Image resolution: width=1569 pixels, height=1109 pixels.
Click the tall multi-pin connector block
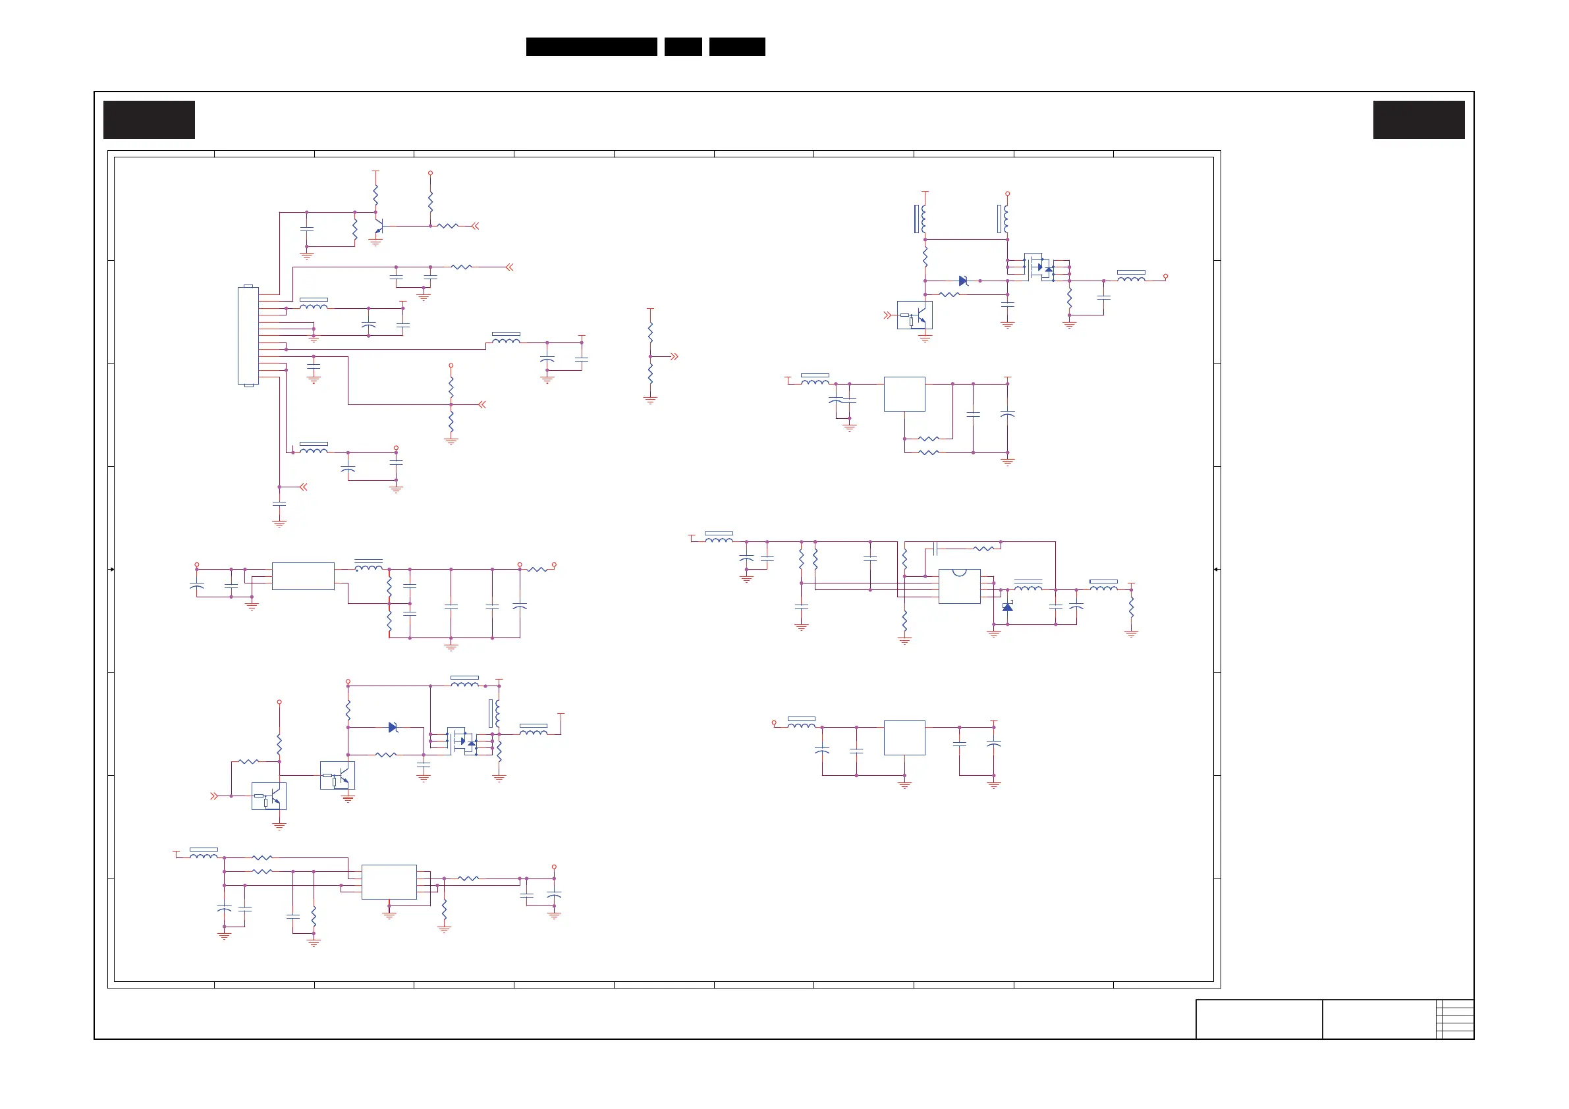pyautogui.click(x=248, y=335)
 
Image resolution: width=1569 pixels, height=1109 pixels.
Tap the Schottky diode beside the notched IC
pyautogui.click(x=1007, y=607)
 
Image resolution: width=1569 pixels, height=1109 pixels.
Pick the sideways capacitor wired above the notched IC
pyautogui.click(x=935, y=548)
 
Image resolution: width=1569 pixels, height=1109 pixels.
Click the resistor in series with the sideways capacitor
pyautogui.click(x=983, y=548)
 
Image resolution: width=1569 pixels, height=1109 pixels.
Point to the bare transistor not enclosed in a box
pyautogui.click(x=379, y=226)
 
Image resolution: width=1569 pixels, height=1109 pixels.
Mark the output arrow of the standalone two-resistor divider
pyautogui.click(x=674, y=357)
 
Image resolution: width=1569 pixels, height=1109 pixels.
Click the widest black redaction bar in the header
pyautogui.click(x=591, y=47)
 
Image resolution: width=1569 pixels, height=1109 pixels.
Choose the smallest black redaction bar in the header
pyautogui.click(x=682, y=47)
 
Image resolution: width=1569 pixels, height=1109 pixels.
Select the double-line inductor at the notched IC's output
pyautogui.click(x=1028, y=587)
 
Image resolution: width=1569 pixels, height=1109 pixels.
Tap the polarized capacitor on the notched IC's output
pyautogui.click(x=1076, y=606)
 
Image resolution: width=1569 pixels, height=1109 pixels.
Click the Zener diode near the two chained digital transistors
pyautogui.click(x=393, y=727)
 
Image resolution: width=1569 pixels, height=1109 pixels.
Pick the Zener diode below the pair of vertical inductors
pyautogui.click(x=963, y=281)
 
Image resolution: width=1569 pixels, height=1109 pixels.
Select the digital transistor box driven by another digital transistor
pyautogui.click(x=338, y=776)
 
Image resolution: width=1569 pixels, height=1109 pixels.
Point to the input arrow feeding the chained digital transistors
pyautogui.click(x=214, y=796)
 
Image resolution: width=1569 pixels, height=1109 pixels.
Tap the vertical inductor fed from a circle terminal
pyautogui.click(x=1006, y=219)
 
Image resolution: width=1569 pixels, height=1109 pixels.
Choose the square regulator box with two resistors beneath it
pyautogui.click(x=904, y=394)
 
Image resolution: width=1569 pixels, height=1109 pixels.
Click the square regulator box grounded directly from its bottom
pyautogui.click(x=904, y=738)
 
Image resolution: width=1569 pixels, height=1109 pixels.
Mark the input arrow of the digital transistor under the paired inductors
pyautogui.click(x=887, y=315)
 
